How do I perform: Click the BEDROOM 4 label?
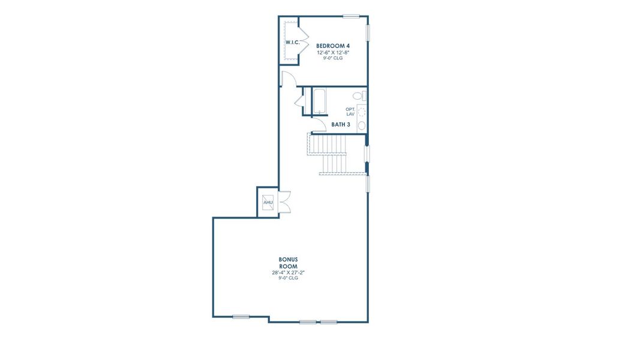pos(333,46)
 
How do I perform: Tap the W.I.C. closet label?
pos(293,42)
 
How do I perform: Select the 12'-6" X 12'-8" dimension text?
pos(333,53)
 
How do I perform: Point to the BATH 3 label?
pos(341,124)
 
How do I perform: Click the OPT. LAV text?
pos(350,112)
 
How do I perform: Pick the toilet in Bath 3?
pos(360,97)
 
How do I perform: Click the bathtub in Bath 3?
pos(319,101)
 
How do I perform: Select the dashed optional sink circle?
pos(362,112)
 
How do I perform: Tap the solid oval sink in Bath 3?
pos(362,125)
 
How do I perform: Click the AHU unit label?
pos(268,202)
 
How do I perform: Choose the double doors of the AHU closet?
pos(284,202)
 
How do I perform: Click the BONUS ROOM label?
pos(288,263)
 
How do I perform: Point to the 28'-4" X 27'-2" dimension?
pos(288,272)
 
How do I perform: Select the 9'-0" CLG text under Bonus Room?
pos(288,278)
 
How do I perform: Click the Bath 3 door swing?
pos(320,124)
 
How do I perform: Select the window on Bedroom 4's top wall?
pos(351,16)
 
